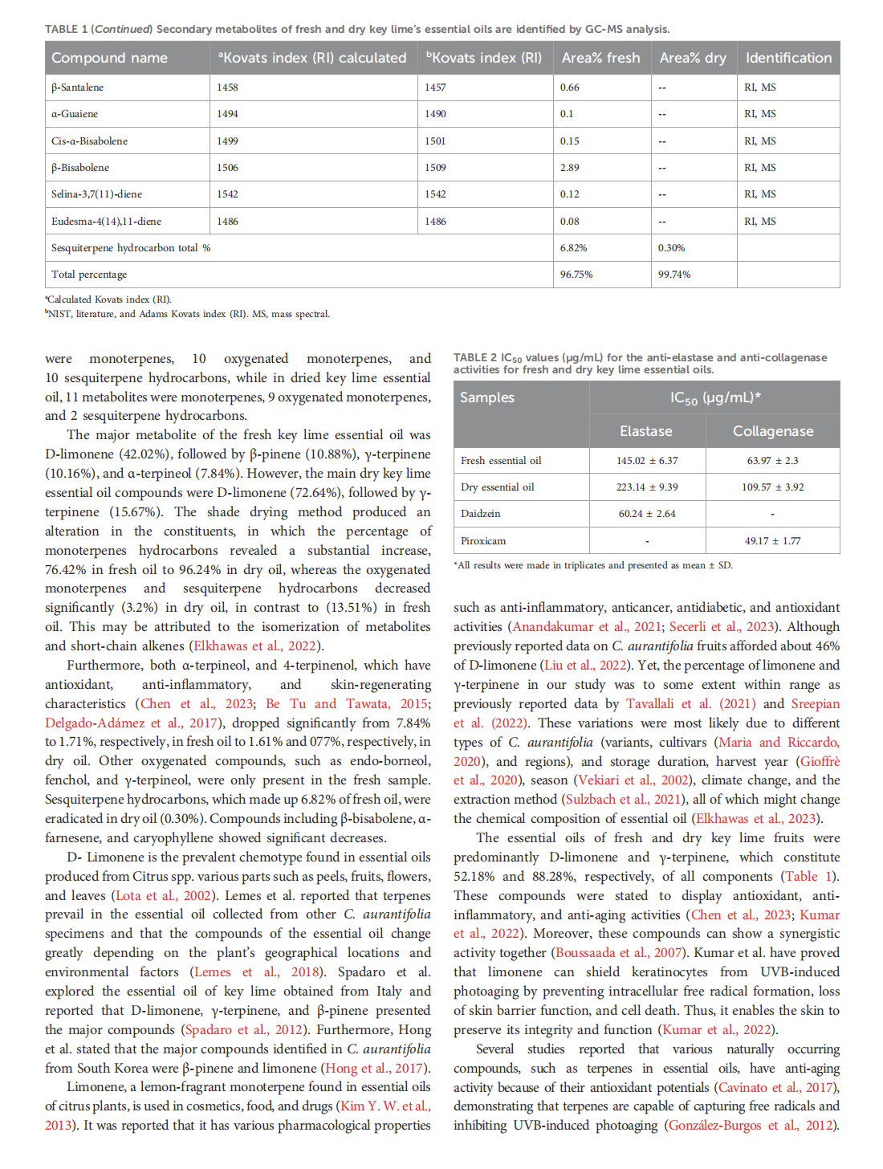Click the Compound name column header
[x=109, y=58]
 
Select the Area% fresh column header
[x=600, y=58]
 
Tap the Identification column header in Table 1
[x=788, y=58]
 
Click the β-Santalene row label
[x=78, y=88]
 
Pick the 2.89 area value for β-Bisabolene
[x=570, y=168]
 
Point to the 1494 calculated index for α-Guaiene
[x=227, y=114]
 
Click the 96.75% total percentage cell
[x=576, y=275]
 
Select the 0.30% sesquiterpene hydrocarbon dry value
[x=671, y=248]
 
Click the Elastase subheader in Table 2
[x=646, y=431]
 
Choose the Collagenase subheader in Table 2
[x=772, y=431]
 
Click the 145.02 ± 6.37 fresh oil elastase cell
[x=647, y=461]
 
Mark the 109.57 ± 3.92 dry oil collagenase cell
[x=772, y=487]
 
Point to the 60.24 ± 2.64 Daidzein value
[x=647, y=514]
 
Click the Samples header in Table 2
[x=487, y=397]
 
